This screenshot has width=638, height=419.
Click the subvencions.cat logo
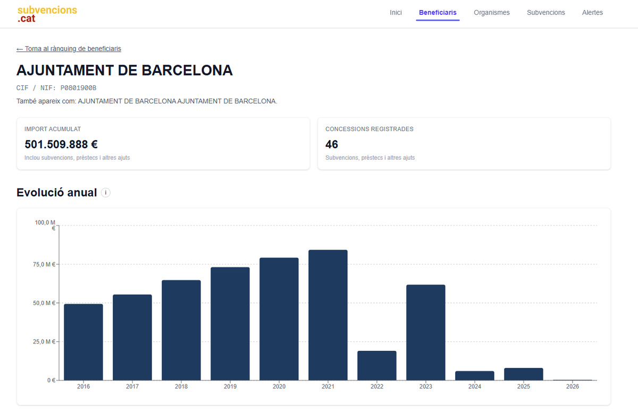pyautogui.click(x=47, y=14)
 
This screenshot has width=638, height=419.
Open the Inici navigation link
pyautogui.click(x=396, y=13)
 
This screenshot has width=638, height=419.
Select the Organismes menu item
pyautogui.click(x=491, y=13)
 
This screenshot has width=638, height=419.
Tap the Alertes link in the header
pyautogui.click(x=592, y=13)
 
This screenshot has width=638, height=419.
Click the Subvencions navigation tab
pyautogui.click(x=545, y=13)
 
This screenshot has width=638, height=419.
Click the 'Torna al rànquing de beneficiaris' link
pyautogui.click(x=69, y=49)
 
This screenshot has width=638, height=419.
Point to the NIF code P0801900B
pyautogui.click(x=78, y=88)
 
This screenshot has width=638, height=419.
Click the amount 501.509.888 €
pyautogui.click(x=61, y=144)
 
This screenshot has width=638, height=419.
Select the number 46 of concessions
pyautogui.click(x=332, y=144)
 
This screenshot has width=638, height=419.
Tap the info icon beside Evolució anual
pyautogui.click(x=106, y=193)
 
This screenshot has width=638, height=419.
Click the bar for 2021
pyautogui.click(x=328, y=315)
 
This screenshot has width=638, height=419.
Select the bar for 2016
pyautogui.click(x=83, y=342)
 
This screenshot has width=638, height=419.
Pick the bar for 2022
pyautogui.click(x=377, y=365)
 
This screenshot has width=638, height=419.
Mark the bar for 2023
pyautogui.click(x=426, y=332)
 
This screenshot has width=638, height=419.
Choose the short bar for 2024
pyautogui.click(x=475, y=375)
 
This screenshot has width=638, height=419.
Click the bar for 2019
pyautogui.click(x=230, y=323)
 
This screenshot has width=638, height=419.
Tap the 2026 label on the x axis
pyautogui.click(x=573, y=387)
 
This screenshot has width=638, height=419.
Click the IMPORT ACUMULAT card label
pyautogui.click(x=53, y=129)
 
